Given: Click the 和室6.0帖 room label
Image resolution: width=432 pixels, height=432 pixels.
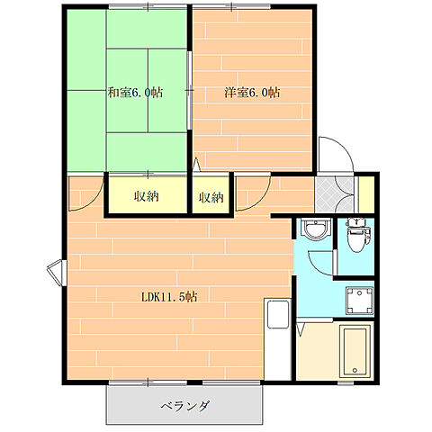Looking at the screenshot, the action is [136, 93].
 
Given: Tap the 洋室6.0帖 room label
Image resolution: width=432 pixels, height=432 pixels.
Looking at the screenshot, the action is [252, 93].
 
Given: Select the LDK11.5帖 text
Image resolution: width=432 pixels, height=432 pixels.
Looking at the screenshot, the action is [169, 297].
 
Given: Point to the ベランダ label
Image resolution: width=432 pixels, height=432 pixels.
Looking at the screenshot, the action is [185, 406].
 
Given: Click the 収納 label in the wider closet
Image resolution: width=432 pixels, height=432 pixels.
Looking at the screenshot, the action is [146, 196].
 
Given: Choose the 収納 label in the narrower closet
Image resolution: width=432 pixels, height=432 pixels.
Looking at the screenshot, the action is [211, 197].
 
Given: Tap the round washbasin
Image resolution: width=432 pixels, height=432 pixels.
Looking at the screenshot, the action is [315, 229].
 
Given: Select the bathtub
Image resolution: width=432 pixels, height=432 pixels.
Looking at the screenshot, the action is [355, 352].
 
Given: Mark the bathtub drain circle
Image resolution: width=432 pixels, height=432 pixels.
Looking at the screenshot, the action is [355, 370].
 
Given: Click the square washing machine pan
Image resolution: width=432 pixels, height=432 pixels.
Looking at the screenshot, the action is [359, 301].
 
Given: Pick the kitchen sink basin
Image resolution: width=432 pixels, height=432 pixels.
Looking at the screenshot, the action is [278, 314].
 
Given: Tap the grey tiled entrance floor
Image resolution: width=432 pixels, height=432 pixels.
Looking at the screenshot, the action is [334, 194].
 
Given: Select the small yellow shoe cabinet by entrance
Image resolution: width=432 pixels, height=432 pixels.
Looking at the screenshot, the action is [366, 194].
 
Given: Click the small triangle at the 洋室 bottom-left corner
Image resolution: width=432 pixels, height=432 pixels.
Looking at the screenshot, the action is [196, 165].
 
